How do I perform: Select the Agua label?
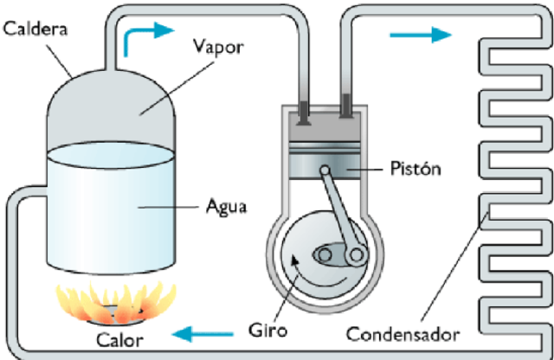point(227,208)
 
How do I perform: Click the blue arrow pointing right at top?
point(421,35)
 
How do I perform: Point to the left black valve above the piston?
point(305,110)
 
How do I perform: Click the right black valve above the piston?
point(346,110)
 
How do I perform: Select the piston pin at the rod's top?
point(325,170)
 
